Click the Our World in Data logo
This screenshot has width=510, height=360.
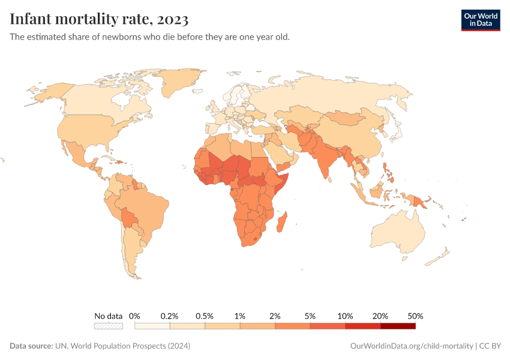tap(480, 20)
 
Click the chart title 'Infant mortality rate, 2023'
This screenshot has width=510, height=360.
tap(99, 20)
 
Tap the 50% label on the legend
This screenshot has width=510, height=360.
tap(415, 316)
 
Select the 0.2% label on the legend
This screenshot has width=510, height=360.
tap(170, 316)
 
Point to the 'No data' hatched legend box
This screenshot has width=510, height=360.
tap(108, 326)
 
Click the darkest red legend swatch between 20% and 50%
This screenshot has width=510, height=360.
tap(398, 326)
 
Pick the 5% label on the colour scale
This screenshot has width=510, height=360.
tap(310, 316)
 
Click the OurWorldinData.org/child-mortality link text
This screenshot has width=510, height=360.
tap(411, 346)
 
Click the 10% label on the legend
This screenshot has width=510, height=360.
tap(345, 316)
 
